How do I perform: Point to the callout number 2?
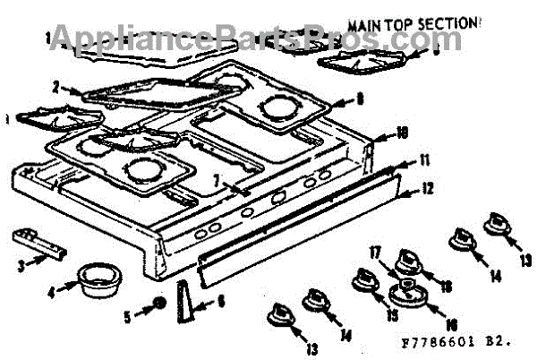click(x=55, y=88)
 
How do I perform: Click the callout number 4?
click(x=52, y=289)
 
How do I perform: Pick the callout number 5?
click(x=127, y=314)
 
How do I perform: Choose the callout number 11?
click(x=423, y=160)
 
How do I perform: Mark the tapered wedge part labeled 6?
click(x=185, y=302)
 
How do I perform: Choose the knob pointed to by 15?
click(x=366, y=282)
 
